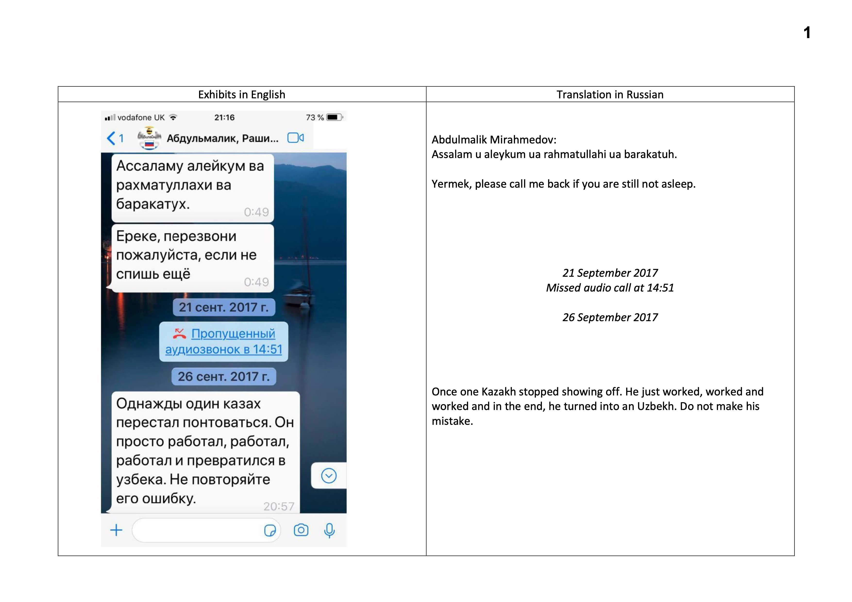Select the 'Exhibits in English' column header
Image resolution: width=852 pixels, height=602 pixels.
(x=242, y=95)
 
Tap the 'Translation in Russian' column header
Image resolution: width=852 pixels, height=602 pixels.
(x=610, y=95)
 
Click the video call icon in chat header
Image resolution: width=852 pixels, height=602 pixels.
(x=296, y=138)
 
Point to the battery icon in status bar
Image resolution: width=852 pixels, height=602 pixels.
(x=334, y=117)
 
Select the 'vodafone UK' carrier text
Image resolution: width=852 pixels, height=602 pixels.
(x=141, y=117)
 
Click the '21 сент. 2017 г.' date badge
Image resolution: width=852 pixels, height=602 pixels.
(x=224, y=307)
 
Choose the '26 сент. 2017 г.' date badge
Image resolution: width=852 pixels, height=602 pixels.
(x=224, y=376)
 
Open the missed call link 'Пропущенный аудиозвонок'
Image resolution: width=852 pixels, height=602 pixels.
(x=224, y=342)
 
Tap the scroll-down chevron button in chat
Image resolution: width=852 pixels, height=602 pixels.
(x=329, y=476)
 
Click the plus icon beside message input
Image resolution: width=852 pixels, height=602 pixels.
(x=116, y=530)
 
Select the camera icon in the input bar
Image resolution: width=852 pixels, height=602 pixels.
(x=301, y=530)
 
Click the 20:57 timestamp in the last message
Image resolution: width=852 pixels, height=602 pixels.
(x=279, y=506)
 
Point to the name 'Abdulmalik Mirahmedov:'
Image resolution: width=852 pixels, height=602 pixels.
(x=494, y=140)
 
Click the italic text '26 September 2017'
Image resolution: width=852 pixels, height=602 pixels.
(x=610, y=318)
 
